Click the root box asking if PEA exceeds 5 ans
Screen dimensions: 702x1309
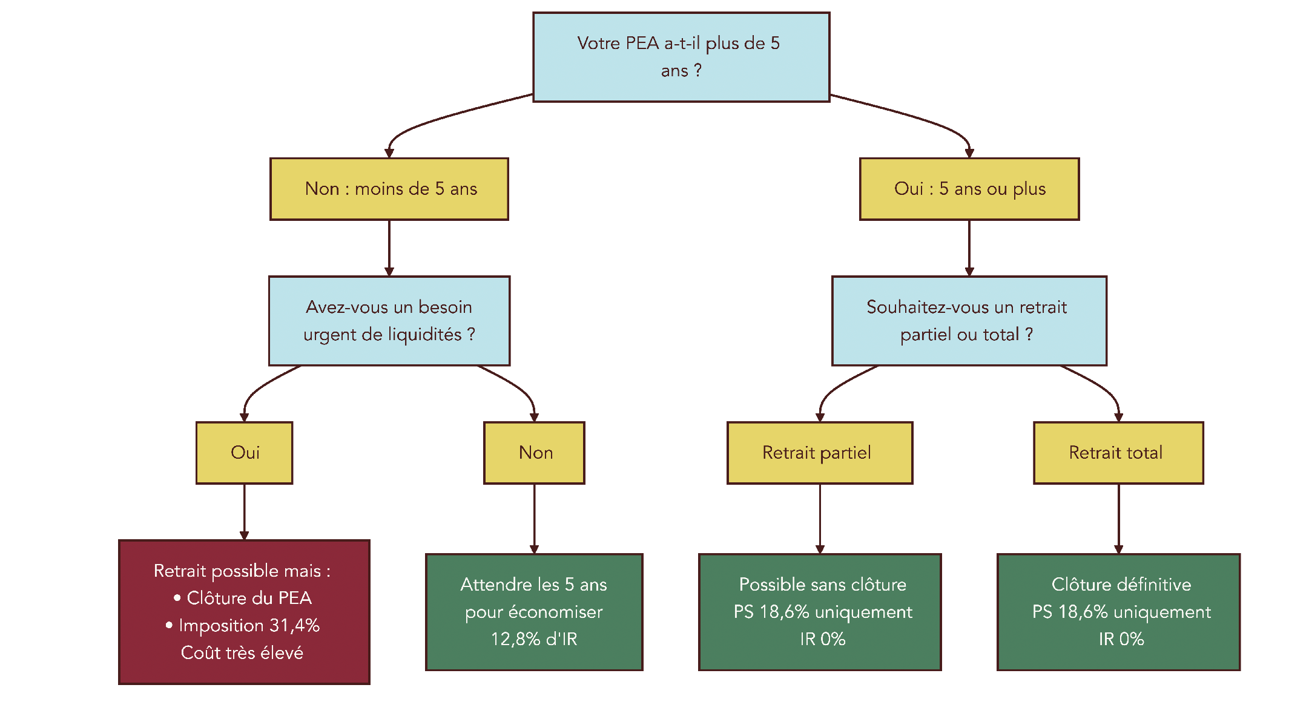(x=681, y=57)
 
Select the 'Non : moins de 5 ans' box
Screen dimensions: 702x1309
(x=389, y=189)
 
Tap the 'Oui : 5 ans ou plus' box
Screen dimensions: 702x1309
(x=969, y=189)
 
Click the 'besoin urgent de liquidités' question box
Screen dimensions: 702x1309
(x=389, y=321)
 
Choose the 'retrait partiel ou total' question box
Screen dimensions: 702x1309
(x=969, y=321)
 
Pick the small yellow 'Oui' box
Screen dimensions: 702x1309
(x=244, y=453)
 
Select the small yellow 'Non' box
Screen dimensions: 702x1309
(x=534, y=453)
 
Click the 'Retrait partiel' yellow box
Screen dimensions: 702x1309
(x=819, y=453)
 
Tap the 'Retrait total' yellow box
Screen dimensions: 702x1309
(x=1118, y=453)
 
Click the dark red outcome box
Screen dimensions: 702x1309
(x=244, y=612)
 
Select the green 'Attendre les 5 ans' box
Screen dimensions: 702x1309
(x=534, y=612)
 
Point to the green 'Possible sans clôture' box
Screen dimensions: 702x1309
(x=819, y=612)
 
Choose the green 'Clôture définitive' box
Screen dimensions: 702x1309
(x=1118, y=612)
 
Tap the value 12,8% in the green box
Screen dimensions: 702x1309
(x=515, y=639)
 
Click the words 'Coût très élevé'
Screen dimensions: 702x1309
(x=242, y=653)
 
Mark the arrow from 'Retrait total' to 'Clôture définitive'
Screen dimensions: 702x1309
(x=1118, y=518)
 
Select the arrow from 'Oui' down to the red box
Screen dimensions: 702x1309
(x=244, y=511)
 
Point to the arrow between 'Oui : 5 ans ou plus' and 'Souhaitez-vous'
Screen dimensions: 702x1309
(x=969, y=248)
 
